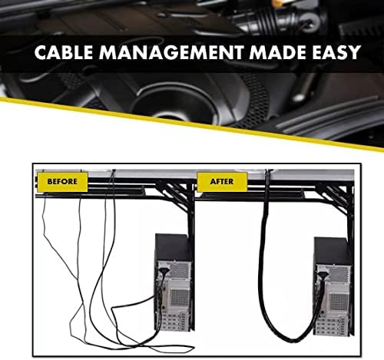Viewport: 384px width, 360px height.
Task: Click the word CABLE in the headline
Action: coord(64,52)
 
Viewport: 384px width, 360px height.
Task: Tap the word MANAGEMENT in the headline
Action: coord(171,52)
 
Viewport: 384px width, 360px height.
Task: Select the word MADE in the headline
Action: coord(278,52)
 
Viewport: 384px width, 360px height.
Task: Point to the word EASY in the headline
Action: coord(336,52)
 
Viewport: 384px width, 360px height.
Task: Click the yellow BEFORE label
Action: coord(62,182)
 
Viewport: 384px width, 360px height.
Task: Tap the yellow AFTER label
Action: coord(222,182)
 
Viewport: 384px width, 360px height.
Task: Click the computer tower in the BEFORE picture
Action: coord(174,282)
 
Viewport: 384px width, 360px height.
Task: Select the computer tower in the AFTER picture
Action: coord(333,286)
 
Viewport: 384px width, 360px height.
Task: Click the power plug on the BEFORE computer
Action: coord(164,271)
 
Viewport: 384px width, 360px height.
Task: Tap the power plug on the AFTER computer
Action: coord(323,276)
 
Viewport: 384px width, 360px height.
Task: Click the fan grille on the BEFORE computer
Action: coord(180,297)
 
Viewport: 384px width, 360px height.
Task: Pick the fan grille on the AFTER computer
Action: coord(339,301)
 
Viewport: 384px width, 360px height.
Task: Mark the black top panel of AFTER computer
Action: coord(333,251)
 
